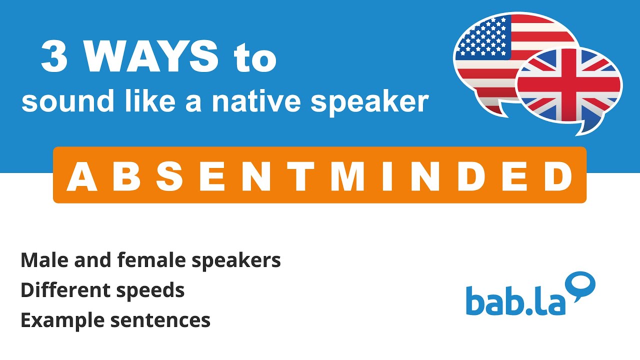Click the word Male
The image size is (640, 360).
pyautogui.click(x=42, y=260)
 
